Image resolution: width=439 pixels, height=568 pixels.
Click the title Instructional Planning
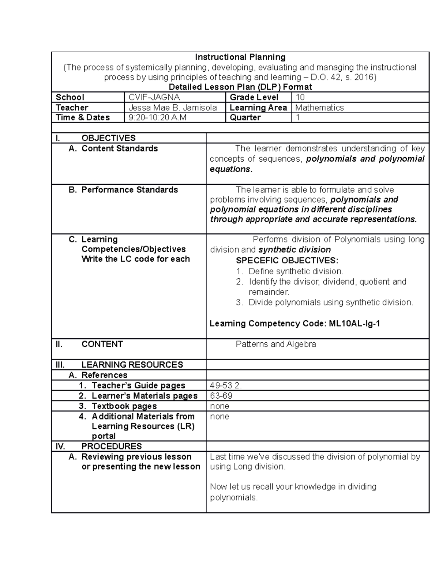coord(240,57)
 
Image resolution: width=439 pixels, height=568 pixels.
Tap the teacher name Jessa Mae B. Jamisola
coord(172,108)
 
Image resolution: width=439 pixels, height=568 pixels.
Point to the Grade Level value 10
coord(300,97)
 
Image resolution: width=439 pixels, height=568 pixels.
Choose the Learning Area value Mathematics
coord(319,108)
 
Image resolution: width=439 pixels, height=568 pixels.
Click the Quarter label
coord(245,117)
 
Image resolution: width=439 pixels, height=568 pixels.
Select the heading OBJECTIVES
coord(108,138)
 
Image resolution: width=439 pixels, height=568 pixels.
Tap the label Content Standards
coord(119,148)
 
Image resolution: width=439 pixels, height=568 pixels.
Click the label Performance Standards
coord(129,190)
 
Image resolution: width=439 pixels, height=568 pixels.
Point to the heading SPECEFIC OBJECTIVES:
coord(287,261)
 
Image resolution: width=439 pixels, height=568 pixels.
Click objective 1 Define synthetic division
coord(296,271)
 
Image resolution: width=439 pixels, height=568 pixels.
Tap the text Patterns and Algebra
coord(275,344)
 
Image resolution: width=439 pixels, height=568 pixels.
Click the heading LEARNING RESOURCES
coord(132,365)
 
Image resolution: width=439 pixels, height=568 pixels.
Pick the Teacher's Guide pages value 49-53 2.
coord(226,385)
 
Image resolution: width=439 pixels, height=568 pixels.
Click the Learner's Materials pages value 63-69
coord(221,396)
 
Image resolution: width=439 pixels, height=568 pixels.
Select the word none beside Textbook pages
coord(219,406)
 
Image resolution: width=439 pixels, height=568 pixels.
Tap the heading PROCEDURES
coord(111,446)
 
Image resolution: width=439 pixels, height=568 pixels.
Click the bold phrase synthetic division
coord(294,250)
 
